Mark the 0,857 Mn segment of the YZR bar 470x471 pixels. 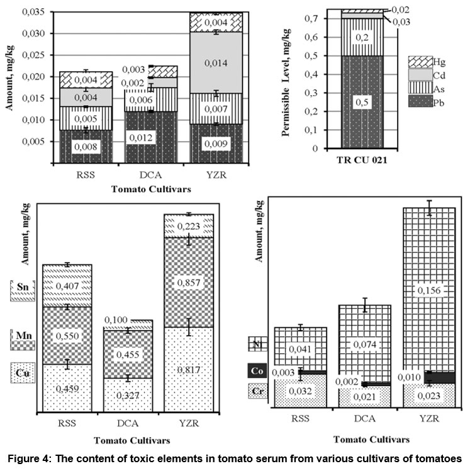tap(189, 282)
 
